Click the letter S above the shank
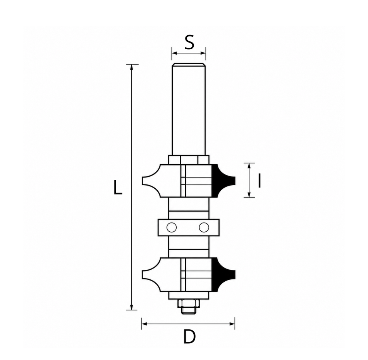pyautogui.click(x=189, y=42)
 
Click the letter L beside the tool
pyautogui.click(x=118, y=188)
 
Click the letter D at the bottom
pyautogui.click(x=189, y=337)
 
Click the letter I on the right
pyautogui.click(x=259, y=181)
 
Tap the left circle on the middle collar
pyautogui.click(x=171, y=227)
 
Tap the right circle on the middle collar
pyautogui.click(x=204, y=227)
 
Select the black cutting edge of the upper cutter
pyautogui.click(x=222, y=181)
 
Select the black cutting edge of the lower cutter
pyautogui.click(x=222, y=274)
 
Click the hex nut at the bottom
pyautogui.click(x=189, y=303)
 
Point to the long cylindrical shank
pyautogui.click(x=189, y=109)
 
